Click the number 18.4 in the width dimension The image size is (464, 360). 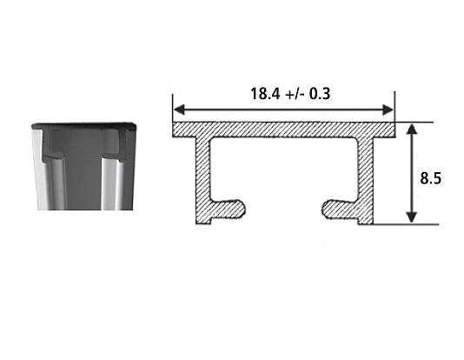pyautogui.click(x=265, y=94)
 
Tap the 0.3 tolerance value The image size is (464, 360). pyautogui.click(x=320, y=94)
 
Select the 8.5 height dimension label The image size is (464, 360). pyautogui.click(x=431, y=178)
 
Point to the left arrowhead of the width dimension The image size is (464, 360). pyautogui.click(x=179, y=110)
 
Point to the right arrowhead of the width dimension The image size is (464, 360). pyautogui.click(x=388, y=110)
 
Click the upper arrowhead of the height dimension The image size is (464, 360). pyautogui.click(x=412, y=130)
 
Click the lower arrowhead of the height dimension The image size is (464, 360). pyautogui.click(x=412, y=217)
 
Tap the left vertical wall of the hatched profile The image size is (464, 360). pyautogui.click(x=203, y=181)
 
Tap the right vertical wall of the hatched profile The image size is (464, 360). pyautogui.click(x=366, y=181)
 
